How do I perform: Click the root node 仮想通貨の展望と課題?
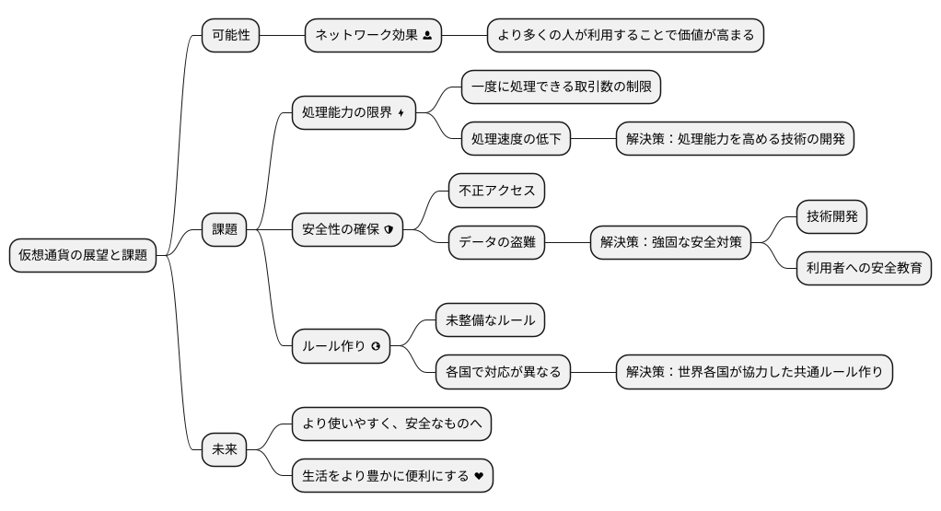82,255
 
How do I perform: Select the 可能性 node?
230,36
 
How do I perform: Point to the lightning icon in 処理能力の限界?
401,113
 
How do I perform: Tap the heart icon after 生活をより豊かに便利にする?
478,476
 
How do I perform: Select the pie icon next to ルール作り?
376,347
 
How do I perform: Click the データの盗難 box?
496,242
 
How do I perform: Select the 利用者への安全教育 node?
863,268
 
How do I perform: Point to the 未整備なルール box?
489,321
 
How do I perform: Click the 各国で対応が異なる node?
503,373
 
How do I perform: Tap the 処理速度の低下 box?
515,139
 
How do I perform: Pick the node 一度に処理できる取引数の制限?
561,87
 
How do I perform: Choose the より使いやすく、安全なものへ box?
391,424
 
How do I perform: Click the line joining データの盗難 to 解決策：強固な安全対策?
566,242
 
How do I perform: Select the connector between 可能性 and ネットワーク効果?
282,36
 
